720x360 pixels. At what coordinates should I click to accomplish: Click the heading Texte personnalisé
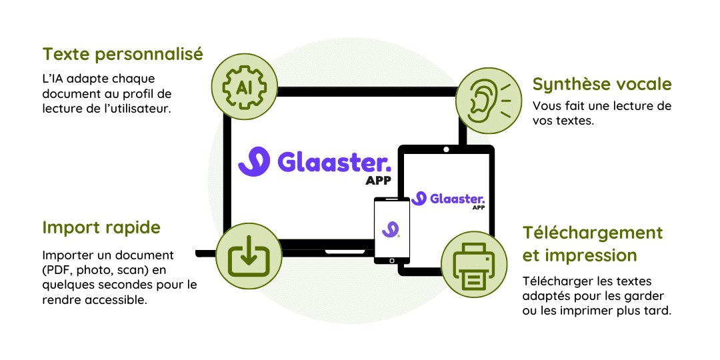point(123,54)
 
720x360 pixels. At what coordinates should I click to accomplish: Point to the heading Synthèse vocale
point(601,84)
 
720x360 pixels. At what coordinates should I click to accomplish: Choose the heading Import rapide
point(101,227)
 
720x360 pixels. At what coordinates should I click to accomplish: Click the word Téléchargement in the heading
point(593,233)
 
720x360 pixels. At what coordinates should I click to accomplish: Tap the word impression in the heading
point(591,255)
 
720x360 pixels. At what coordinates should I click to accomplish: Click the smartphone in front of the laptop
point(391,231)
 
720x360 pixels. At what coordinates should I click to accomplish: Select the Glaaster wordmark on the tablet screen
point(457,198)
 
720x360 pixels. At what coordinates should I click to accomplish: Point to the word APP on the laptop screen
point(378,181)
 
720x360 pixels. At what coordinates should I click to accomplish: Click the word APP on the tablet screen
point(478,208)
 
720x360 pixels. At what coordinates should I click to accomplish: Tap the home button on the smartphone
point(391,260)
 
